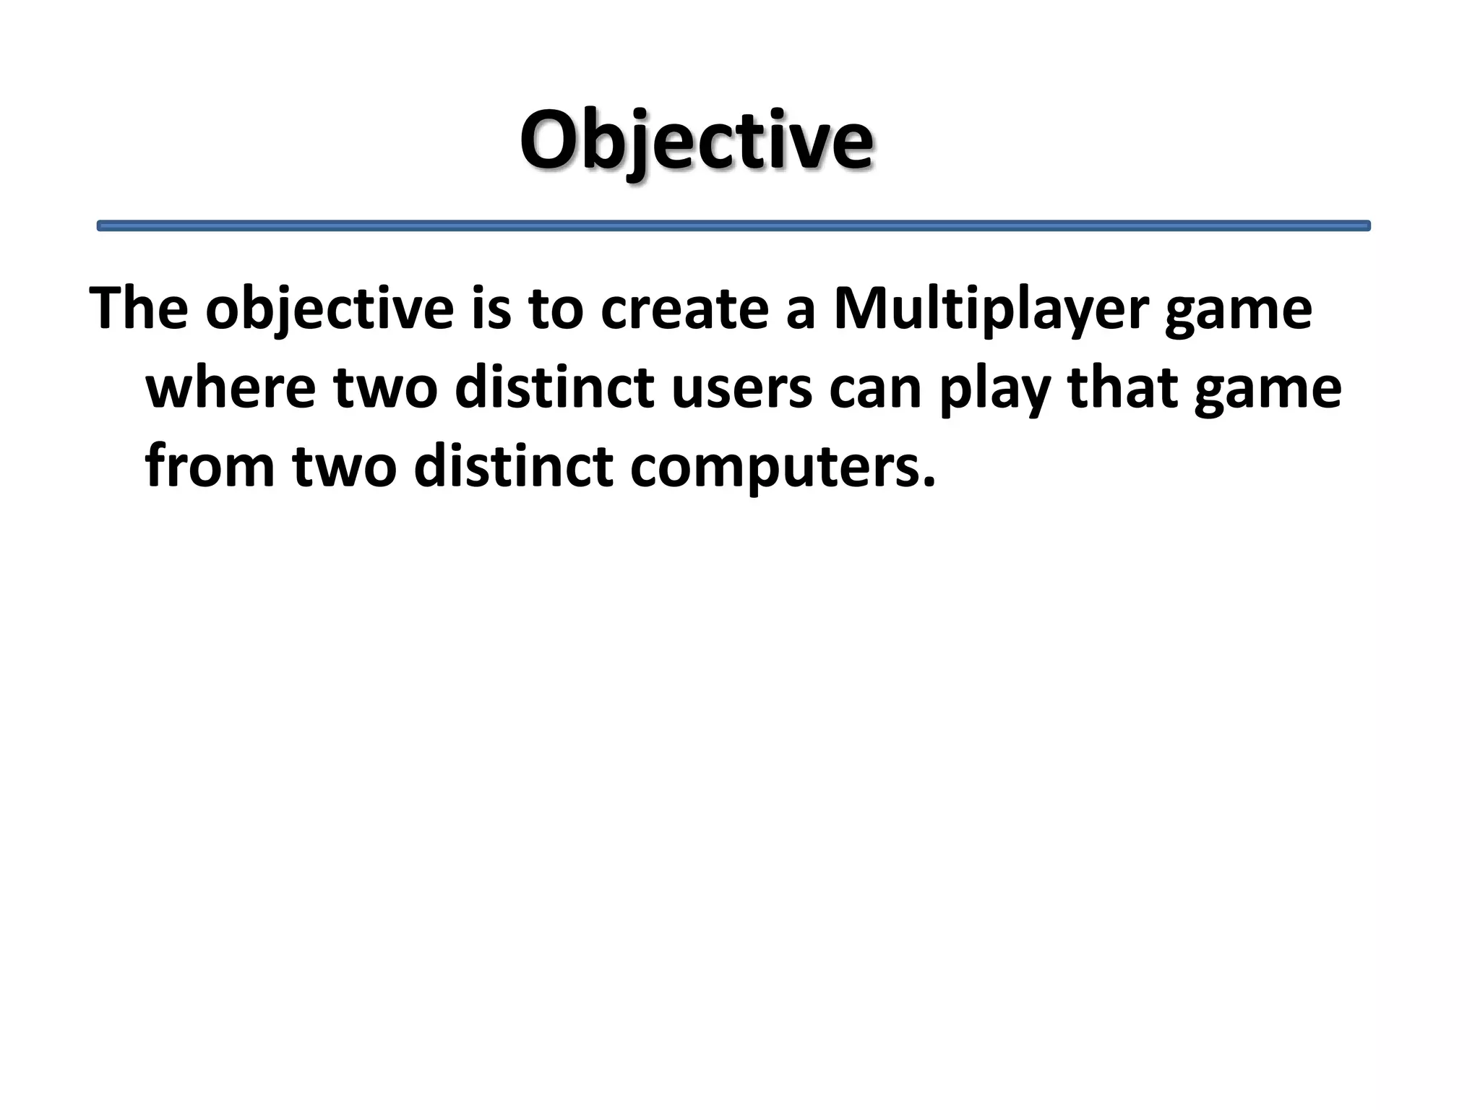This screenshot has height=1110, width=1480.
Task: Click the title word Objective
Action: point(696,140)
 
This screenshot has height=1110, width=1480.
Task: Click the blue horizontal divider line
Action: point(733,226)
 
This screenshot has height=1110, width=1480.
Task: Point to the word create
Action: point(684,309)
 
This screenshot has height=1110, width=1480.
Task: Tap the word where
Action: point(231,388)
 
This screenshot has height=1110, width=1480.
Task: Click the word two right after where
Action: point(385,388)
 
